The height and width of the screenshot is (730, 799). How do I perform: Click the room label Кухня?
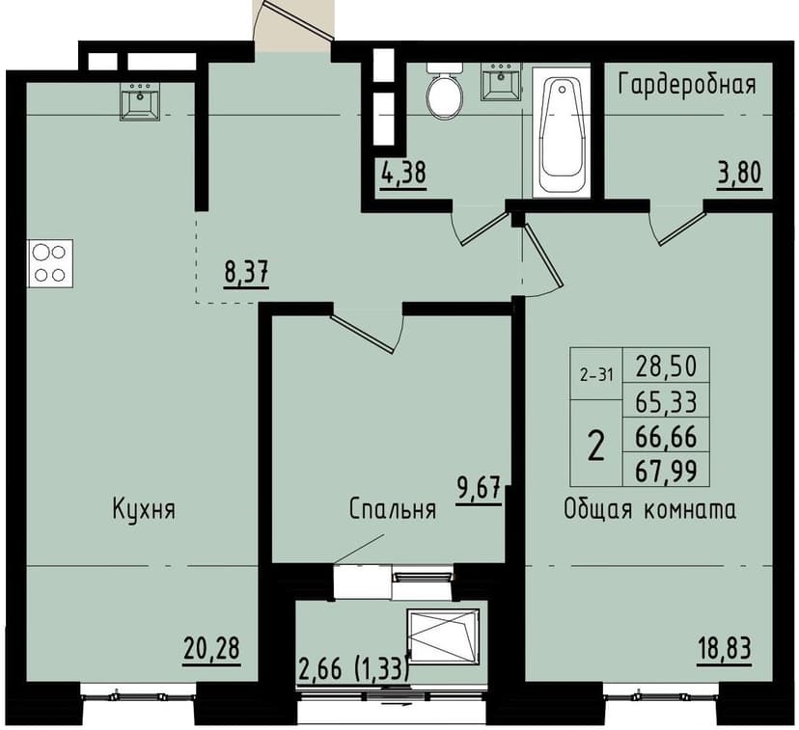(x=143, y=509)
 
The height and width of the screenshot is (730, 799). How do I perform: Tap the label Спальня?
(x=393, y=509)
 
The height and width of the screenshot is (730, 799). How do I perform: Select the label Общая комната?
(x=649, y=509)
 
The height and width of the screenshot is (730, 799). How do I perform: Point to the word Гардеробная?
(x=686, y=84)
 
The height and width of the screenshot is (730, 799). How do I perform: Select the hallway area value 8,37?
(x=246, y=272)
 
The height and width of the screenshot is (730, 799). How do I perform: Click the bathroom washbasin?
(x=501, y=82)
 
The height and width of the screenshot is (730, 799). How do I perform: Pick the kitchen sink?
(x=140, y=101)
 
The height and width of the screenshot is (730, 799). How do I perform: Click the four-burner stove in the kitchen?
(x=50, y=262)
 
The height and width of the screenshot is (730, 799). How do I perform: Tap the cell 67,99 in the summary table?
(x=666, y=471)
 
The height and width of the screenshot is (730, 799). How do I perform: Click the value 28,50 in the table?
(x=666, y=366)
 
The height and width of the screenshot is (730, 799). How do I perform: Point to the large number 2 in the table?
(x=597, y=446)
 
